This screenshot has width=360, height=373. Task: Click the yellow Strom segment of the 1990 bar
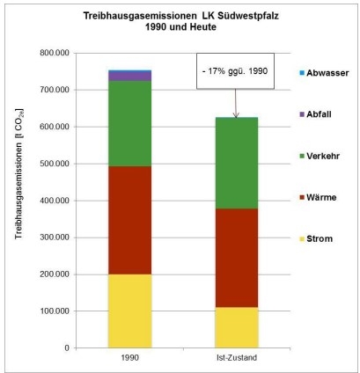(x=129, y=311)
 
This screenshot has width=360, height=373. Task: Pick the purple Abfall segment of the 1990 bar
(x=129, y=77)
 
